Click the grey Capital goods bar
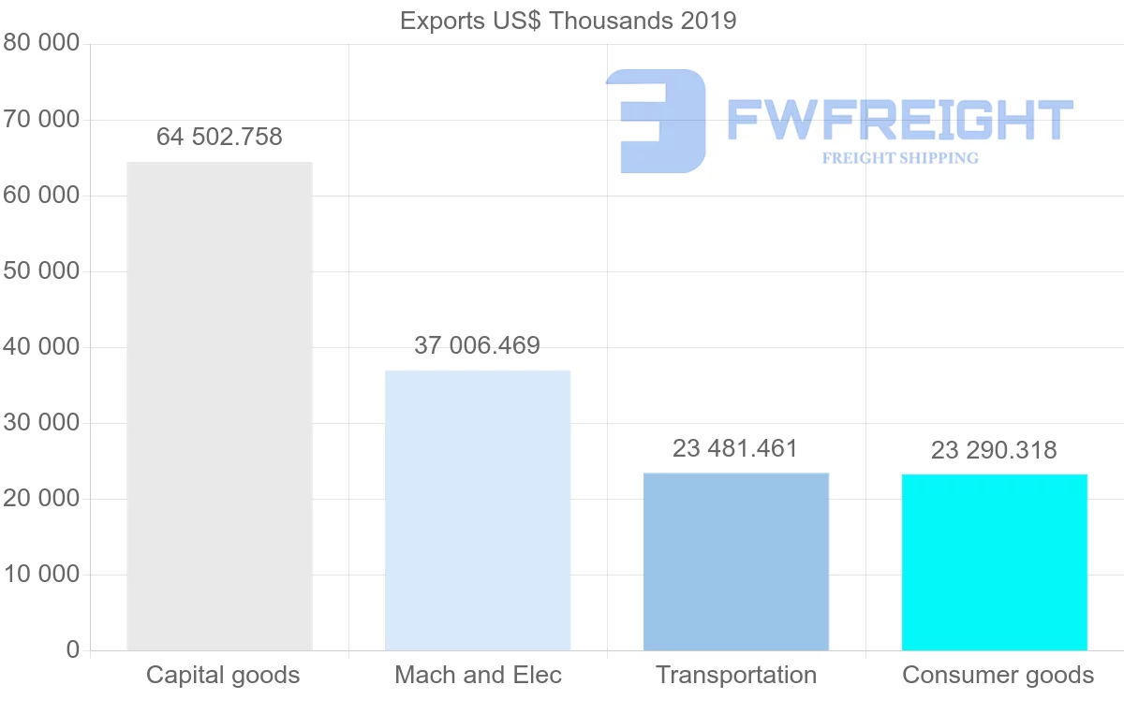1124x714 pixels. coord(219,406)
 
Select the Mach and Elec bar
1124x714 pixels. coord(478,510)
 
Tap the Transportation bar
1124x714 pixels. coord(736,561)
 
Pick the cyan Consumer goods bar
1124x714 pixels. coord(995,562)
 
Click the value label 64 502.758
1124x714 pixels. coord(219,137)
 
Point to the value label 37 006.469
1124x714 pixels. coord(478,345)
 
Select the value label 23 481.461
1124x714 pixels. coord(736,448)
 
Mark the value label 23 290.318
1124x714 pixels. coord(995,450)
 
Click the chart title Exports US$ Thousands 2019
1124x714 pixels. coord(568,20)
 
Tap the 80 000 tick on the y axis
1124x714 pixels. coord(42,44)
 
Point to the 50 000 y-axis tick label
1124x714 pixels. coord(42,271)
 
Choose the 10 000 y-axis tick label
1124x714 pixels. coord(42,575)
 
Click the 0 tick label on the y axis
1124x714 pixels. coord(73,650)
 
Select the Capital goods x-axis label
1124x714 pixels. coord(223,675)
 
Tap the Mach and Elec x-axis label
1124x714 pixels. coord(478,675)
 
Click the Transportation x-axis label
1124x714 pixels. coord(736,675)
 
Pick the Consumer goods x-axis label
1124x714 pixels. coord(998,675)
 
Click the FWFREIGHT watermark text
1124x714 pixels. coord(899,120)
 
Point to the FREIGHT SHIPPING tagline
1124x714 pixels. coord(900,158)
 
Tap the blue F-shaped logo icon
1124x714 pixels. coord(656,121)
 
